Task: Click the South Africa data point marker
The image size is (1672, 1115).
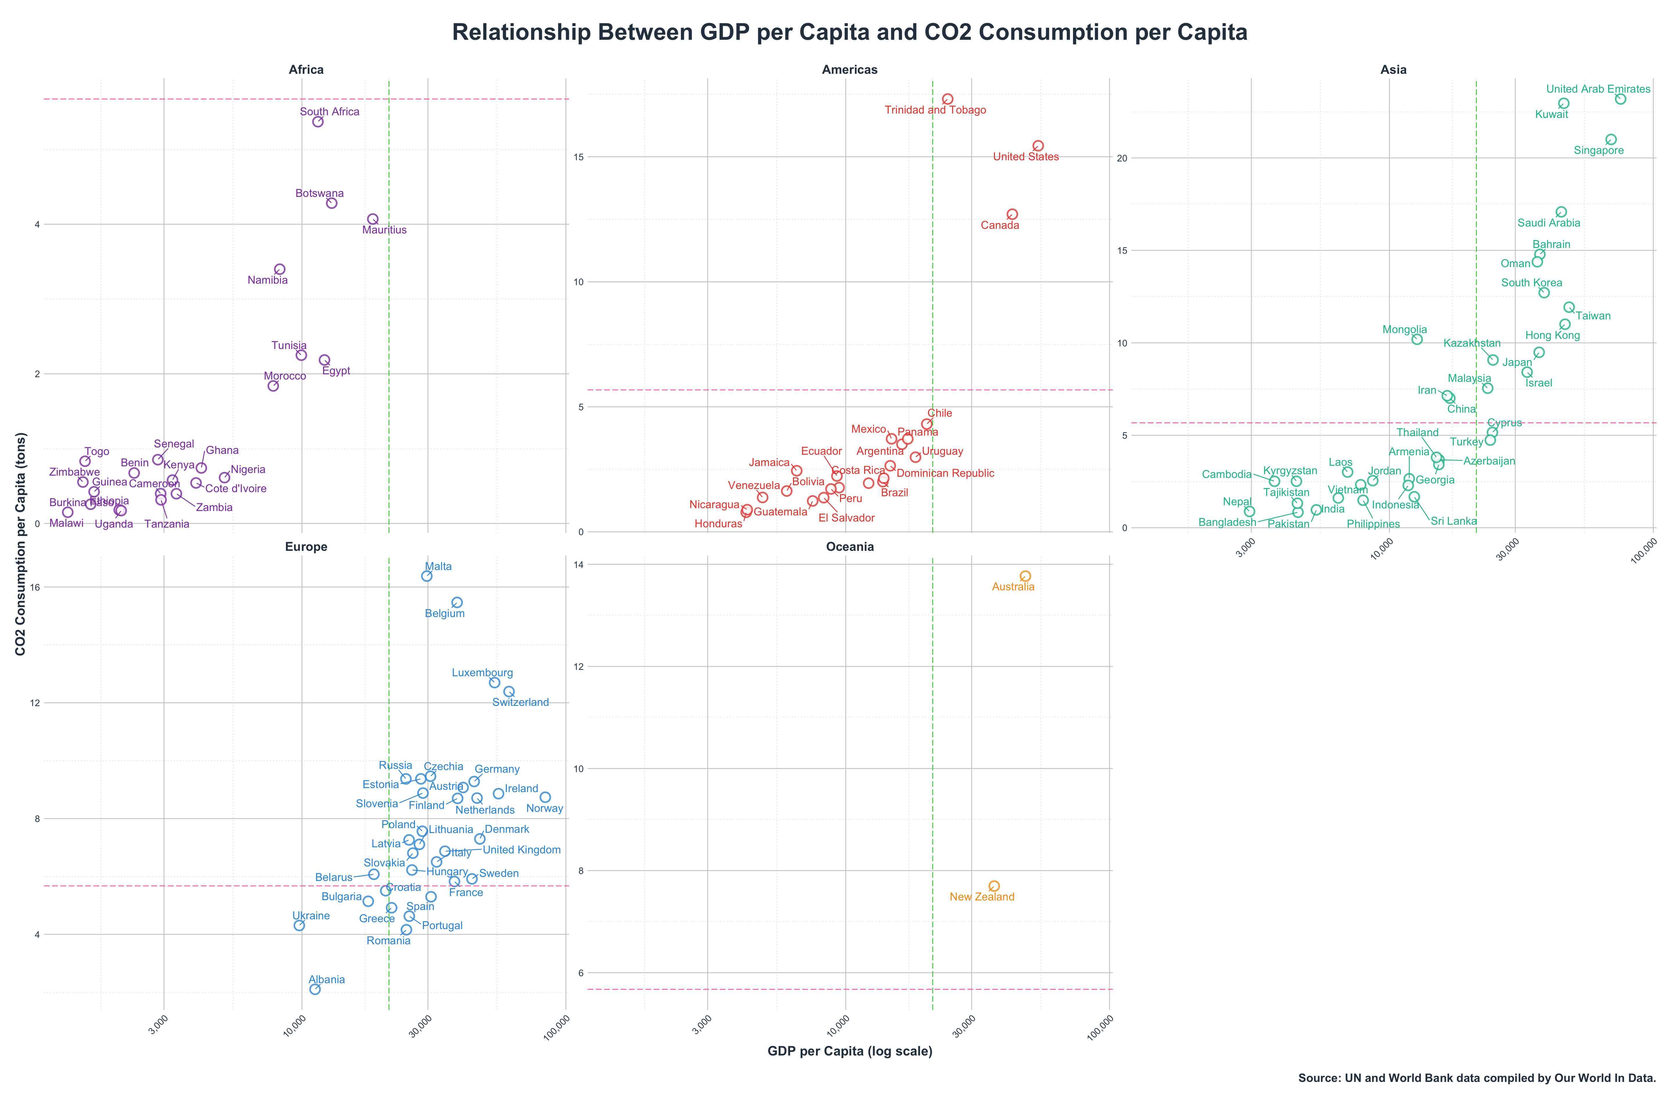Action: click(318, 122)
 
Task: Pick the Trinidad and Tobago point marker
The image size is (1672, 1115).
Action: click(947, 100)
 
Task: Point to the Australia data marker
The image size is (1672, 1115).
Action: click(1025, 576)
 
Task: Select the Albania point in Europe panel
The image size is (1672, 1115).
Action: click(315, 989)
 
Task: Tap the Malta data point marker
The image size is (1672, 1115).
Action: click(426, 576)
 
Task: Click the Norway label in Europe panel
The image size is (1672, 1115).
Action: click(545, 808)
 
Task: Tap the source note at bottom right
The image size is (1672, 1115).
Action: click(1477, 1078)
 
